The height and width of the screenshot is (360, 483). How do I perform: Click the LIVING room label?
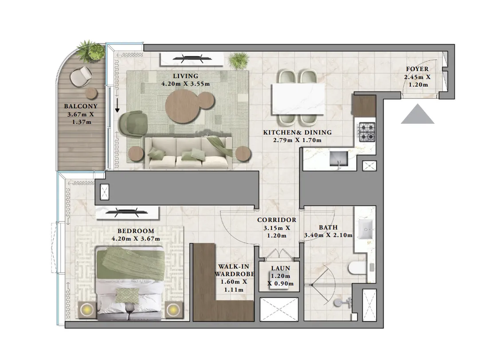(185, 76)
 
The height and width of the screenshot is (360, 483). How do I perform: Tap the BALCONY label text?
(80, 107)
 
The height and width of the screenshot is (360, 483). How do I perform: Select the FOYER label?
(417, 69)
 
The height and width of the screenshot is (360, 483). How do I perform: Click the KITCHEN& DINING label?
(297, 133)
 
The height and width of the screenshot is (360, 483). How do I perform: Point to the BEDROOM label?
(136, 231)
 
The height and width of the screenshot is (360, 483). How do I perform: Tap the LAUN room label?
(280, 269)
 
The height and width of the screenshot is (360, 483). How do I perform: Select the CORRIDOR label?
(276, 220)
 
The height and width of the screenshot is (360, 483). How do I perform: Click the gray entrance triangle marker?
(417, 114)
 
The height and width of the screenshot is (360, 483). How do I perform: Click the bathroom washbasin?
(366, 230)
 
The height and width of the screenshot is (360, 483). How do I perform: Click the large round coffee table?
(182, 106)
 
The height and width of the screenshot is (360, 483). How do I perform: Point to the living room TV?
(192, 58)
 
